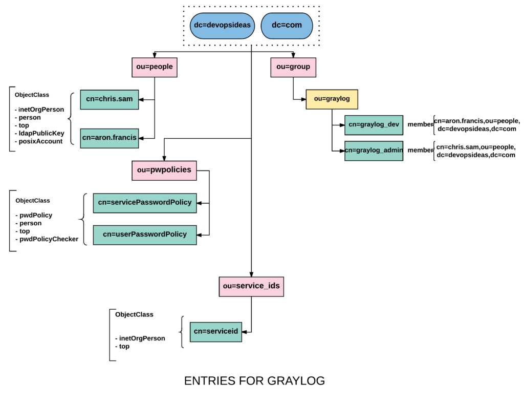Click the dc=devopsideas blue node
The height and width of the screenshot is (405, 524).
222,26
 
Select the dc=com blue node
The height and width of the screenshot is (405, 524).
287,26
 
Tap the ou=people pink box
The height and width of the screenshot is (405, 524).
155,67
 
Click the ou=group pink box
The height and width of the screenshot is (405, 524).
293,67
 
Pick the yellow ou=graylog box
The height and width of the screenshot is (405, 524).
332,99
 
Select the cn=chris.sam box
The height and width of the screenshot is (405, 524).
110,99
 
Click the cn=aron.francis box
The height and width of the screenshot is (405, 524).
110,138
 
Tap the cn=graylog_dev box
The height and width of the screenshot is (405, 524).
374,125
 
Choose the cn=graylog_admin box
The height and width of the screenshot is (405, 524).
374,151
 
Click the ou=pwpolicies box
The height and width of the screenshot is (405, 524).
164,170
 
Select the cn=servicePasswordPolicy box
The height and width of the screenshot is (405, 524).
145,203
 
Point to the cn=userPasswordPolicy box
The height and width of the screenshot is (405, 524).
145,235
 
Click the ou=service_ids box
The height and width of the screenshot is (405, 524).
251,286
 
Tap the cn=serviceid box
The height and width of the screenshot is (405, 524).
215,332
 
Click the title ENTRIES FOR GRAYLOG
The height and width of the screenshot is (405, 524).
254,381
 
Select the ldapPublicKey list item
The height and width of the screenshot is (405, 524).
41,134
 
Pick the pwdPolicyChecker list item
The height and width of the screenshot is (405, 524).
49,239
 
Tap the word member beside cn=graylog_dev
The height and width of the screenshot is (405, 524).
420,125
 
